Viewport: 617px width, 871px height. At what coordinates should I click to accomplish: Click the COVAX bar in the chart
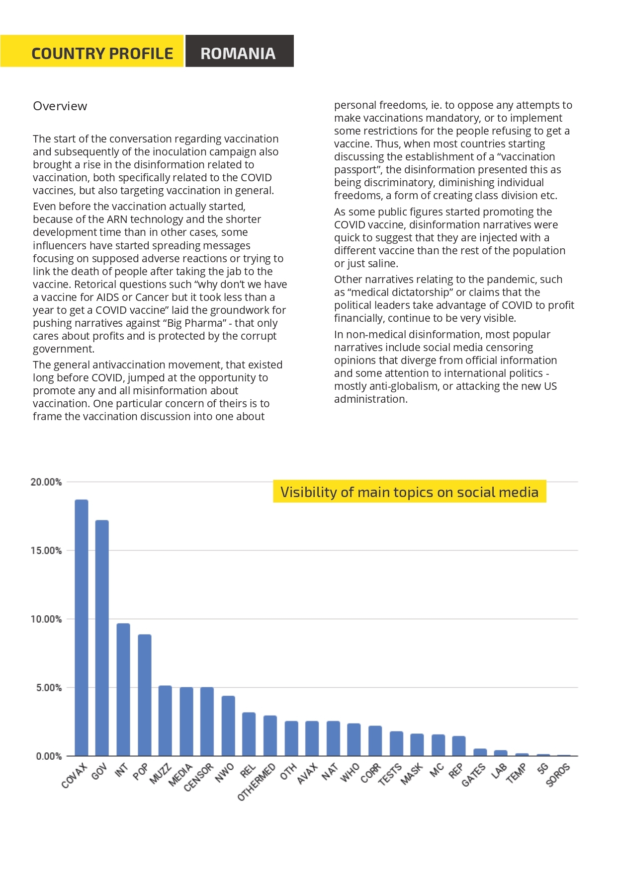click(x=82, y=628)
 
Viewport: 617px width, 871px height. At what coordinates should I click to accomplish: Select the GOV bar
click(x=102, y=638)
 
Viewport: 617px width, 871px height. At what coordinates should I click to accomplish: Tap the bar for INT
click(x=123, y=690)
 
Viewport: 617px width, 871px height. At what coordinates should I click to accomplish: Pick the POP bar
click(x=145, y=695)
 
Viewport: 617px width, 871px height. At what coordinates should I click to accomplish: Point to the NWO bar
click(x=228, y=726)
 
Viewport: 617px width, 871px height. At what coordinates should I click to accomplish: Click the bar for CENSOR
click(x=207, y=722)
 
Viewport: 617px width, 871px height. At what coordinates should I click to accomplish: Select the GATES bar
click(x=480, y=752)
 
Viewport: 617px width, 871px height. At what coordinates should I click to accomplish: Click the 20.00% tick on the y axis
click(x=46, y=482)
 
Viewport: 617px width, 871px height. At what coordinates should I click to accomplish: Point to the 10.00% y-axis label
click(x=46, y=619)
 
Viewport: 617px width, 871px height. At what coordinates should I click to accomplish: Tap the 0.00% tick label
click(x=49, y=756)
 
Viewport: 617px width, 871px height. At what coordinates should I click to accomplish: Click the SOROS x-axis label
click(x=558, y=775)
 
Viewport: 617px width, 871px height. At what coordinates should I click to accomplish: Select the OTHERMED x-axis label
click(x=257, y=782)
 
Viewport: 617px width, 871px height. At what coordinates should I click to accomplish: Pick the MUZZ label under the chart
click(x=161, y=774)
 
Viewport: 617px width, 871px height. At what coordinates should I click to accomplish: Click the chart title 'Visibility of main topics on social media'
click(x=410, y=492)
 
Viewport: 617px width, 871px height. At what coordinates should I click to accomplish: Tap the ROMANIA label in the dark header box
click(x=238, y=53)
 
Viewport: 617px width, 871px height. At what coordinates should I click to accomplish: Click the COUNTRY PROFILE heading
click(x=102, y=53)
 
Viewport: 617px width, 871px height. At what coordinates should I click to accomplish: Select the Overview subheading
click(x=60, y=106)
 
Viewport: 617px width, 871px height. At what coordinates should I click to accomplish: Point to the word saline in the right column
click(x=381, y=264)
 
